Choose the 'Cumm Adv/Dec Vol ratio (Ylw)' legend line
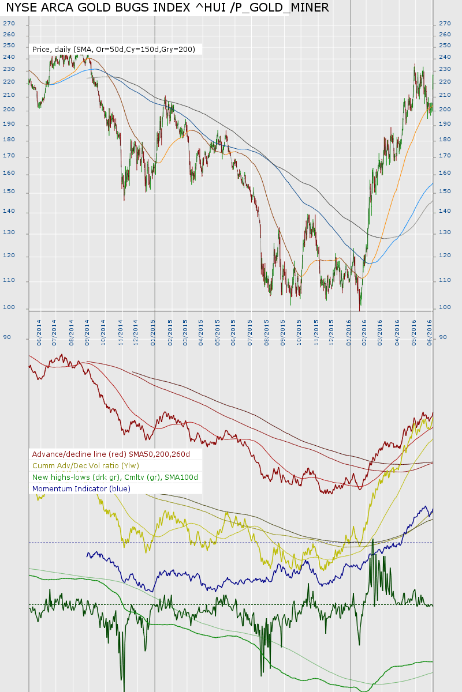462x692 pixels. click(85, 466)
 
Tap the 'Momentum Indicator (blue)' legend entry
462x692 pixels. click(81, 489)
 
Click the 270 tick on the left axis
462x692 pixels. click(9, 24)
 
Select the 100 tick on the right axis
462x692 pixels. click(445, 307)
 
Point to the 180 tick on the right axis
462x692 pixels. click(445, 140)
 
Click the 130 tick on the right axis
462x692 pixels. click(445, 233)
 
